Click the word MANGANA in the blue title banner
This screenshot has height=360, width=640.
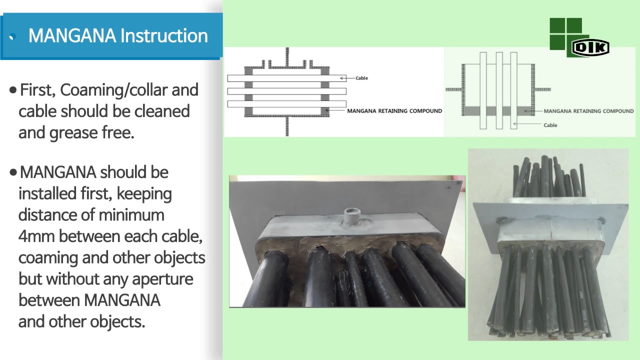click(x=72, y=35)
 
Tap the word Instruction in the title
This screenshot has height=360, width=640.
click(x=164, y=35)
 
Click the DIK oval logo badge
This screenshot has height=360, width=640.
click(x=590, y=47)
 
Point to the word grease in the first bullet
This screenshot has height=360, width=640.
click(x=73, y=133)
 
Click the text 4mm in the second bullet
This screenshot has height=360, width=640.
click(x=36, y=236)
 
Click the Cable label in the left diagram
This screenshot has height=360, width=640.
click(x=361, y=78)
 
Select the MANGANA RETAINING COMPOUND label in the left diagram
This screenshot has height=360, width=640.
click(x=394, y=111)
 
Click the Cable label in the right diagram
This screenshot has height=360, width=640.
click(x=550, y=125)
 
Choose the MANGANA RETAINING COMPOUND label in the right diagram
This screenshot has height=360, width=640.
click(x=588, y=111)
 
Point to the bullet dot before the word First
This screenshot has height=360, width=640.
click(x=13, y=90)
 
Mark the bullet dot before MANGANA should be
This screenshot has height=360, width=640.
click(x=13, y=172)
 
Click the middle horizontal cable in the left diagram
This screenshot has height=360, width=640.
click(x=287, y=91)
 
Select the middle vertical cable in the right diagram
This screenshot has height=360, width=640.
click(x=499, y=90)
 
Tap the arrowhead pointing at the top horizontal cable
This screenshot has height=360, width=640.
click(x=341, y=78)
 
